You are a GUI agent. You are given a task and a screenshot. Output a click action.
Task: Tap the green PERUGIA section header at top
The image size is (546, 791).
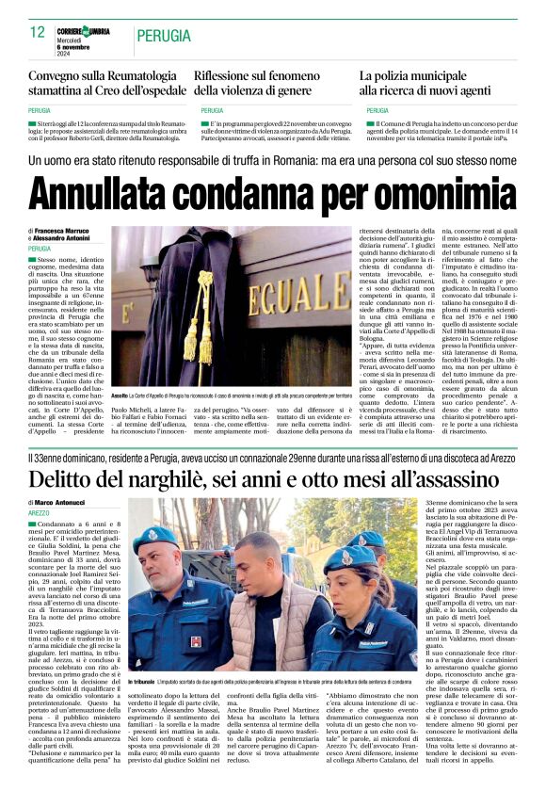(x=164, y=35)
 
